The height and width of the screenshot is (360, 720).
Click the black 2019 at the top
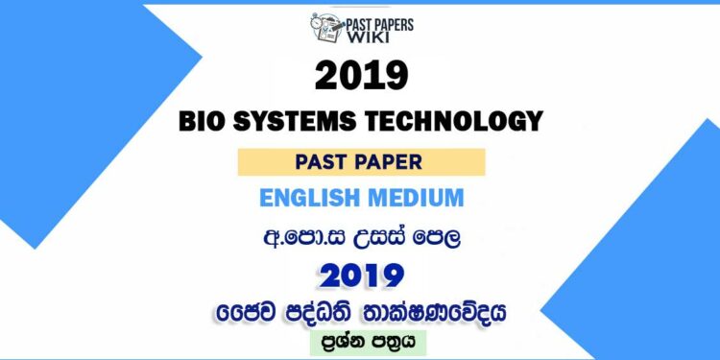coord(361,76)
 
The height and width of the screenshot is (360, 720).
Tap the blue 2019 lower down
coord(361,276)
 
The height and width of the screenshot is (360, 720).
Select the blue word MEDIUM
coord(419,200)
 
